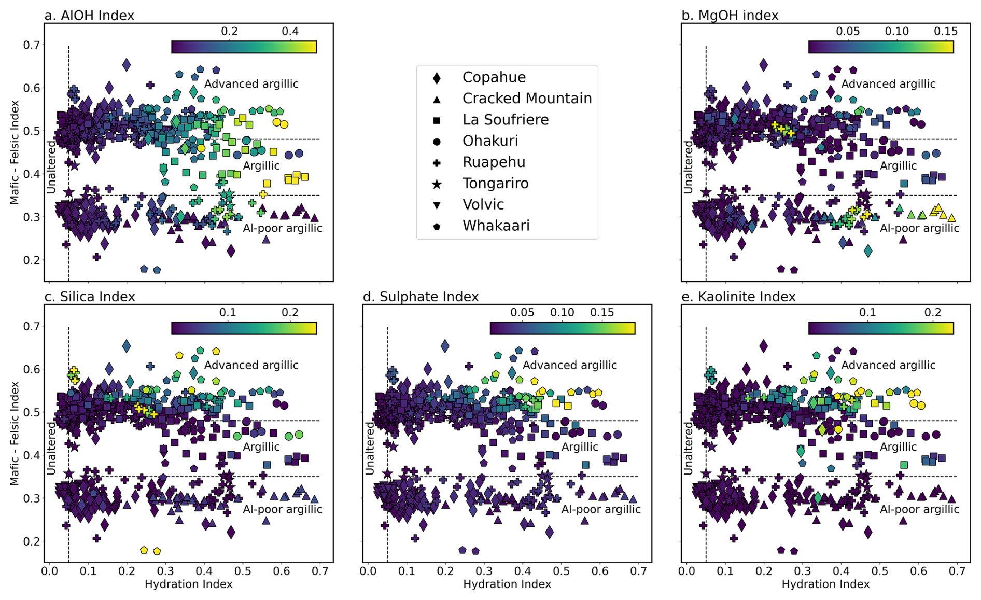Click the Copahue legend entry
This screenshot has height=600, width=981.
coord(494,77)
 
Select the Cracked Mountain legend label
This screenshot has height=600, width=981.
coord(527,99)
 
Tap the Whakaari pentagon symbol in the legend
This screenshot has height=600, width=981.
coord(437,226)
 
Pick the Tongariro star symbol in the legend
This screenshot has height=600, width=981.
coord(437,184)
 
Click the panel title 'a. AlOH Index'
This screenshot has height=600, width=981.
coord(89,16)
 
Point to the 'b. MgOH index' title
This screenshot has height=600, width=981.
coord(730,16)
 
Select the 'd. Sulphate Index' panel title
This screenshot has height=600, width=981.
coord(421,297)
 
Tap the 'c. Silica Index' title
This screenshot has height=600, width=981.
coord(90,297)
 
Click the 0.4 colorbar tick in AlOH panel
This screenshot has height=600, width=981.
coord(290,31)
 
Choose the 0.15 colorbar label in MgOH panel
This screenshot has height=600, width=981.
coord(945,31)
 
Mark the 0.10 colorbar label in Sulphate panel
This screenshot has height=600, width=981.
coord(562,312)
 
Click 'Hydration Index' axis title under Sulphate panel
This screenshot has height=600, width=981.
coord(507,584)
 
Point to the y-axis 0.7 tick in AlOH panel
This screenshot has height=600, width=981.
coord(31,45)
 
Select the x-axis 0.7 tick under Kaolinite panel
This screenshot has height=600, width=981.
coord(957,571)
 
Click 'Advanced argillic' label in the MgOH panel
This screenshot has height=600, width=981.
coord(888,84)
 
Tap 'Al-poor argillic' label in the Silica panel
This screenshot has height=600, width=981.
coord(283,509)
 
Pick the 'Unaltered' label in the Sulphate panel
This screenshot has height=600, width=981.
coord(369,448)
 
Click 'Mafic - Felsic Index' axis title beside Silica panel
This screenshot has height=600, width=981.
coord(15,433)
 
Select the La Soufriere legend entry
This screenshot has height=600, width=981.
coord(506,120)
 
